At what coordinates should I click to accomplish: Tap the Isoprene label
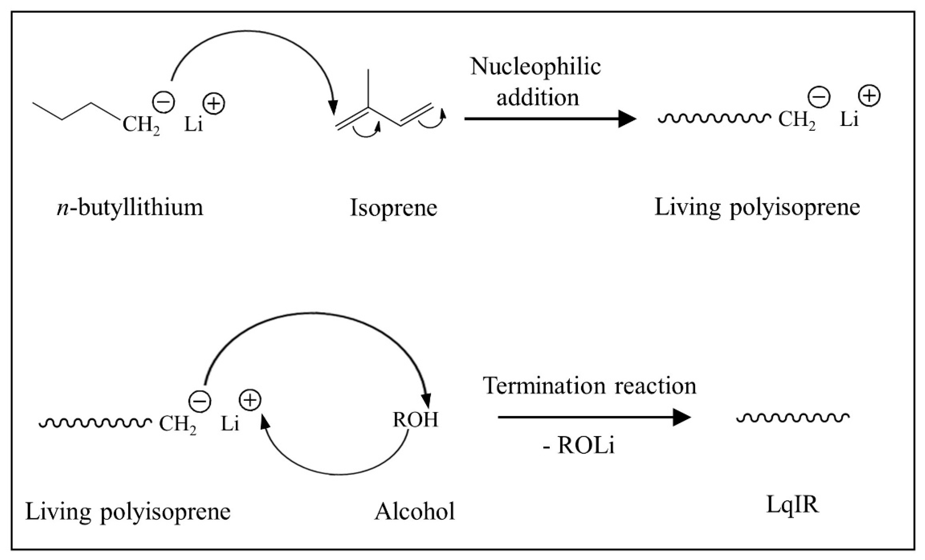click(394, 208)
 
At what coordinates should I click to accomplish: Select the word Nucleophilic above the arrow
click(535, 67)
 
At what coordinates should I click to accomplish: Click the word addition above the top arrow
click(538, 98)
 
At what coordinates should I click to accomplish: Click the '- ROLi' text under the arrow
click(578, 446)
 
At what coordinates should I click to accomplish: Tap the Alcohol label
click(415, 511)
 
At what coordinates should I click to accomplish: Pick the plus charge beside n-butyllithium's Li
click(214, 103)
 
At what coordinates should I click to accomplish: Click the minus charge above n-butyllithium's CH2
click(163, 102)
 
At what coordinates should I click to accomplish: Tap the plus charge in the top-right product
click(869, 96)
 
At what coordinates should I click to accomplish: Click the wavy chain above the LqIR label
click(792, 417)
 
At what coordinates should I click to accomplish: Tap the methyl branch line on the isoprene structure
click(368, 88)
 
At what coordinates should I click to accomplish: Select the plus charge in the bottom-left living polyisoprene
click(250, 400)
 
